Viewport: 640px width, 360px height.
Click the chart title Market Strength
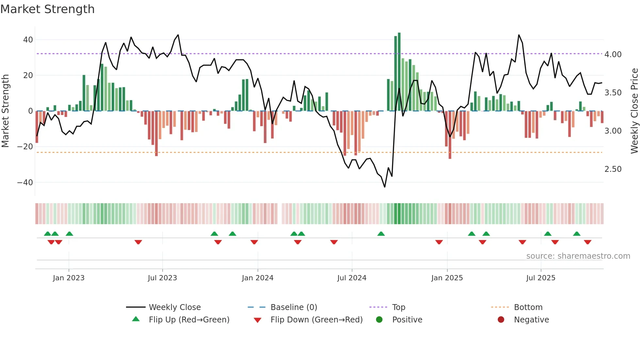point(47,9)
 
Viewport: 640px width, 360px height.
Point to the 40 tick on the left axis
point(28,40)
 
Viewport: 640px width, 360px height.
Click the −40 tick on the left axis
point(25,182)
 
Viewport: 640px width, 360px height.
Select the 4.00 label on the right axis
point(613,54)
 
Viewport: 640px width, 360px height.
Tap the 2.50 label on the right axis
point(613,169)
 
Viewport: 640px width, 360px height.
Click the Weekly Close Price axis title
point(634,111)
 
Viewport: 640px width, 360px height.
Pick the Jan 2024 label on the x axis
point(258,278)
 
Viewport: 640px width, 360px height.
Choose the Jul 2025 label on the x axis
point(541,278)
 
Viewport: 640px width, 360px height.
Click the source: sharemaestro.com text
point(578,256)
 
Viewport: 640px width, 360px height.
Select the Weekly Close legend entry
point(175,307)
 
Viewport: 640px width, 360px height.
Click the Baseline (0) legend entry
point(294,307)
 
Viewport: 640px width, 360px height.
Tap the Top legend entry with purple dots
point(399,307)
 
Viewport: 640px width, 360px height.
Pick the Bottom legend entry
point(528,307)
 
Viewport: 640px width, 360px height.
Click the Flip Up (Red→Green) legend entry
point(189,320)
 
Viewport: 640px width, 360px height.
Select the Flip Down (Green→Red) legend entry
point(316,320)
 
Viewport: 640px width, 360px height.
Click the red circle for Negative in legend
point(501,320)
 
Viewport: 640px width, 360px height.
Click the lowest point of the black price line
point(385,187)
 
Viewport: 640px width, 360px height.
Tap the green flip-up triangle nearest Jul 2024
point(381,234)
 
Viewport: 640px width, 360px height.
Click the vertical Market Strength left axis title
point(6,111)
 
